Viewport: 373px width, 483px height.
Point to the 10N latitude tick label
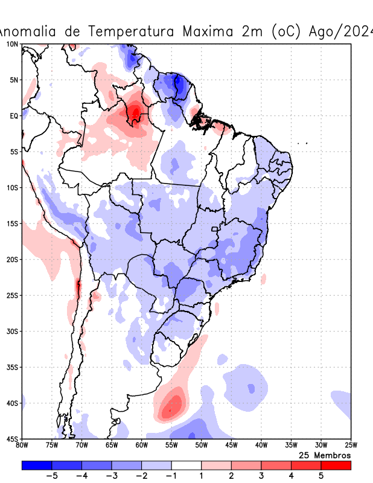[x=12, y=44]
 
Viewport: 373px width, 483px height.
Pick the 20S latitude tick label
[x=12, y=260]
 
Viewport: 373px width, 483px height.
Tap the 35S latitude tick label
[x=12, y=367]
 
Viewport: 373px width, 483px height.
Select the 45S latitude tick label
[x=12, y=439]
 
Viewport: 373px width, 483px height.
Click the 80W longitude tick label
[x=22, y=446]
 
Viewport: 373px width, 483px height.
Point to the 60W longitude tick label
[x=141, y=446]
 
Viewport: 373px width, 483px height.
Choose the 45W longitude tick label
[x=231, y=446]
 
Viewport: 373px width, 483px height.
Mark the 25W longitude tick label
[x=350, y=446]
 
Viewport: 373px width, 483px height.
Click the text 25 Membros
[x=325, y=455]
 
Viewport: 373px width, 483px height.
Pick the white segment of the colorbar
[x=186, y=465]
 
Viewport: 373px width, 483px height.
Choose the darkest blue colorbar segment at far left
[x=37, y=465]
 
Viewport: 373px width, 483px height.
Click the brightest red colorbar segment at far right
[x=336, y=465]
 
